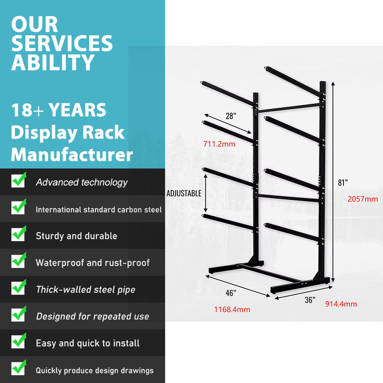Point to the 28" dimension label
tap(231, 116)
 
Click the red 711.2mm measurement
tap(219, 144)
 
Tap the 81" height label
tap(343, 182)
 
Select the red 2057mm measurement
tap(362, 199)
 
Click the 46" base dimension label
tap(231, 293)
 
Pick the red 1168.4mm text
tap(232, 309)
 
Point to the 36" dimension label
tap(310, 300)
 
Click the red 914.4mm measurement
tap(341, 304)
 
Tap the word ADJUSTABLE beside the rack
tap(184, 193)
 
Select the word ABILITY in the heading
tap(53, 62)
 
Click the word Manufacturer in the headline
tap(72, 155)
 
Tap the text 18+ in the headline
tap(27, 110)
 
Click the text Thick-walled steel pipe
tap(85, 290)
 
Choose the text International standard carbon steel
tap(99, 209)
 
